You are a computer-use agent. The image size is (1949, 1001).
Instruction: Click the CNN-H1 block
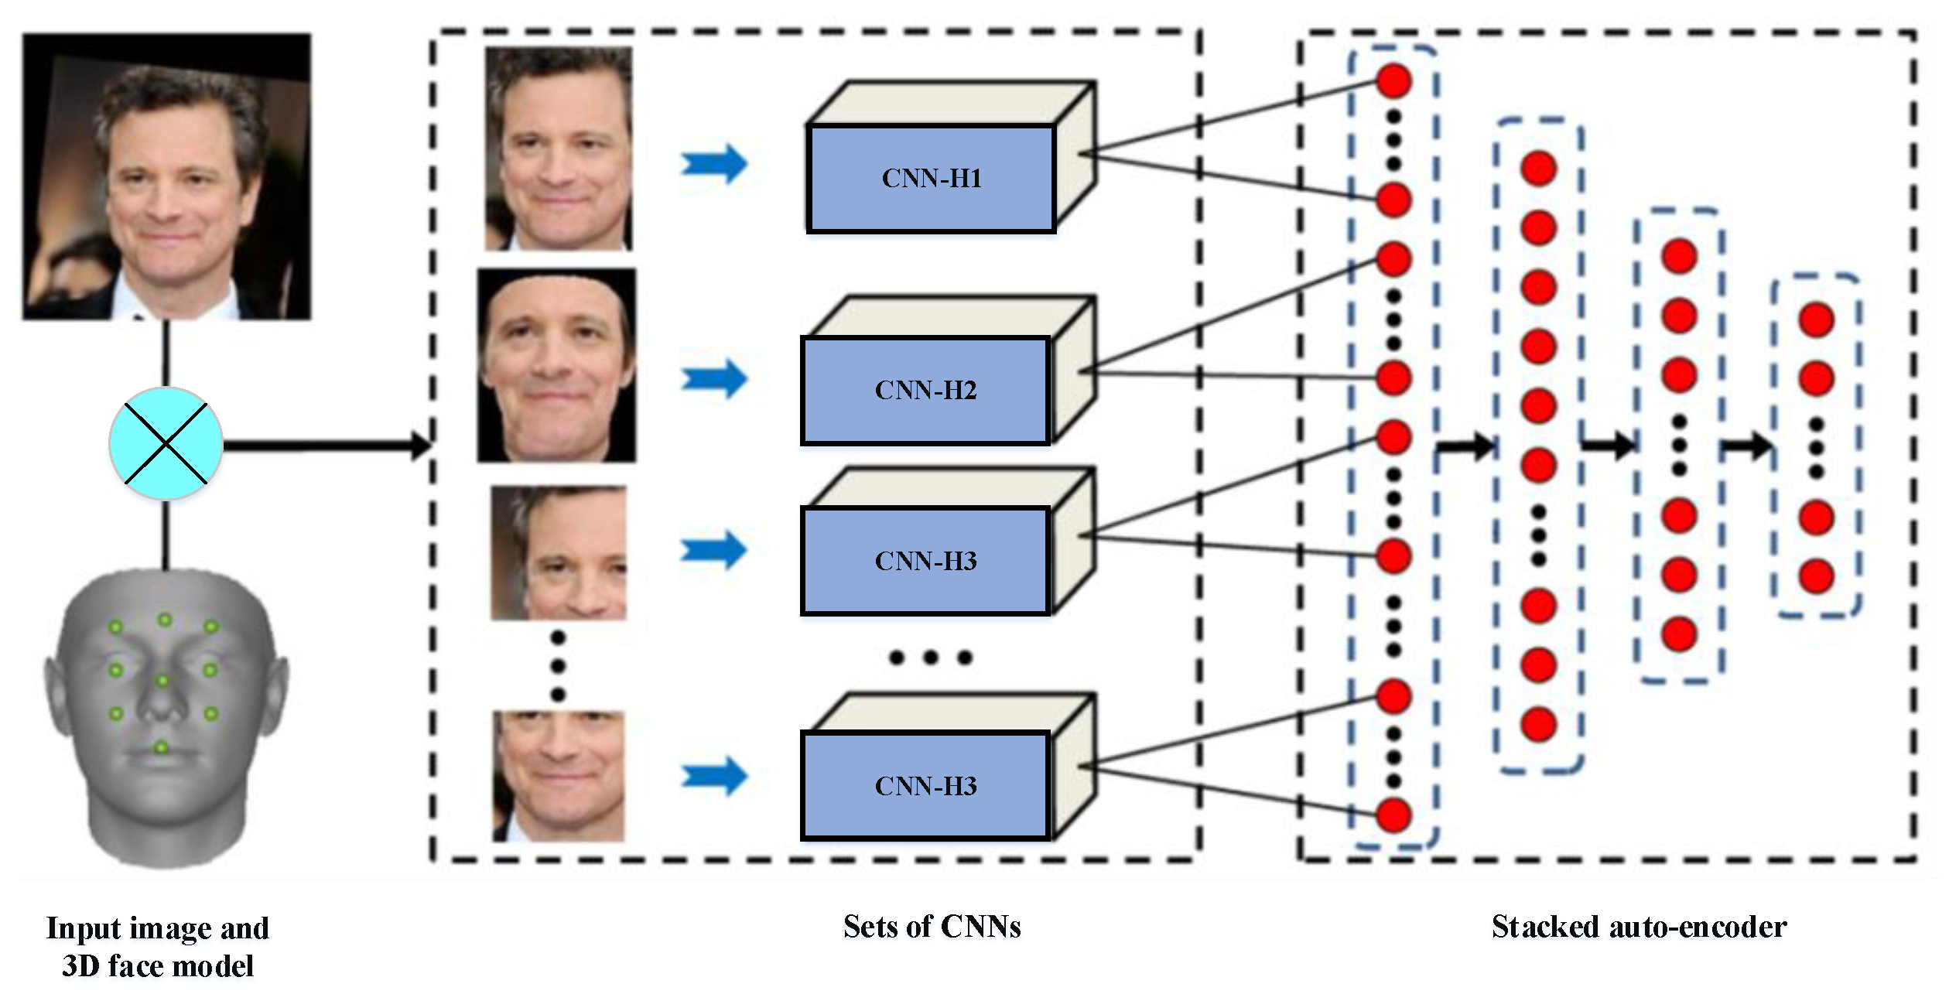click(x=931, y=178)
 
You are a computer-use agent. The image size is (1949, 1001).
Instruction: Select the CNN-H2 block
click(x=925, y=390)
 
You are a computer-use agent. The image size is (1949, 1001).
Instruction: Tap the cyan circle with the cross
click(x=166, y=444)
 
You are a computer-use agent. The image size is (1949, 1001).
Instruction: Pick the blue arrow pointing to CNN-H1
click(x=713, y=164)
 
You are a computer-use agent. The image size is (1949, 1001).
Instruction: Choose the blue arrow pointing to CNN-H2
click(x=713, y=378)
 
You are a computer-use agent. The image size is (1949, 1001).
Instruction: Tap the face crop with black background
click(x=556, y=365)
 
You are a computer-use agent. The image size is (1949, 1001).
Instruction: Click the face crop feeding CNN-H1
click(x=558, y=149)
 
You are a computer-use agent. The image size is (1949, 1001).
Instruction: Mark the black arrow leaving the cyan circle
click(x=325, y=446)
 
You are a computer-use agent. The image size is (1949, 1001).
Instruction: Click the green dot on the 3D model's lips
click(x=161, y=747)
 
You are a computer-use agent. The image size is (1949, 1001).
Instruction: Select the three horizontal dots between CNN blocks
click(x=930, y=658)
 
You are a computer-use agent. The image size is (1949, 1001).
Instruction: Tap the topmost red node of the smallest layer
click(x=1816, y=319)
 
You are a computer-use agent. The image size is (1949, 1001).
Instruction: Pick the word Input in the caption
click(x=74, y=928)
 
